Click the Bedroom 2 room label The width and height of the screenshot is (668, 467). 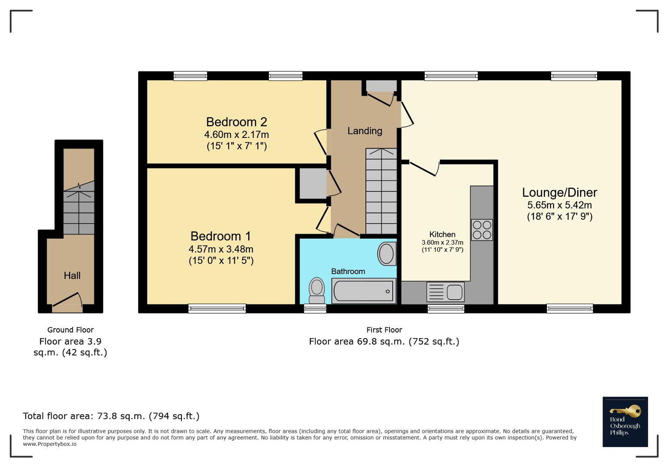[236, 122]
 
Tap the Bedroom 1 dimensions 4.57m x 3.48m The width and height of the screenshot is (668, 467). [221, 249]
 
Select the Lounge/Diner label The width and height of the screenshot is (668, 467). [559, 193]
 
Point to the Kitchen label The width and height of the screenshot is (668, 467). [442, 234]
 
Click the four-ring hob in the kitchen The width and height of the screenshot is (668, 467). [482, 230]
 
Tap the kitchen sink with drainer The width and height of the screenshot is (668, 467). [445, 292]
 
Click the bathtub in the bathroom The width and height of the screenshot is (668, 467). [364, 291]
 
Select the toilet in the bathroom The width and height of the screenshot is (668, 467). [317, 291]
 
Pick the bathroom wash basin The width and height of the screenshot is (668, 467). [387, 253]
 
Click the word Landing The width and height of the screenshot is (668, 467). [365, 131]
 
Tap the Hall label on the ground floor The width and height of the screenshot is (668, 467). [72, 275]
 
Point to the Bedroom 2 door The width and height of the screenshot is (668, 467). [321, 142]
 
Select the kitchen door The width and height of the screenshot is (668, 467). [424, 168]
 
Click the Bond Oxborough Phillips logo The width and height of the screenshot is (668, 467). [625, 422]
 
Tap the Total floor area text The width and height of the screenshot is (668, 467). [111, 416]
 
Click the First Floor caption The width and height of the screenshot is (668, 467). [384, 330]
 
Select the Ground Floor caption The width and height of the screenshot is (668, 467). [71, 330]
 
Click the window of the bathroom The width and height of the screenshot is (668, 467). [315, 309]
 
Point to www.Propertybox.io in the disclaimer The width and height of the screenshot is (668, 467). [49, 444]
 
